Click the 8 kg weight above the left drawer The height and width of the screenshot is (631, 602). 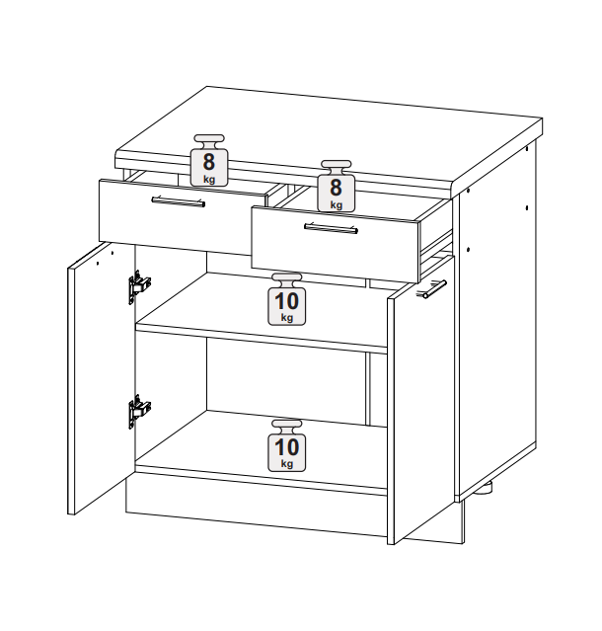[209, 160]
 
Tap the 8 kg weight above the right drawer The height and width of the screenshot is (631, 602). [337, 186]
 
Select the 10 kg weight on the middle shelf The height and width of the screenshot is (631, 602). [287, 299]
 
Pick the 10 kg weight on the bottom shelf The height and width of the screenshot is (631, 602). [287, 445]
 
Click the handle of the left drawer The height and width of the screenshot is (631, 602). [179, 201]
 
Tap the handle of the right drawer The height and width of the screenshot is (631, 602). [331, 228]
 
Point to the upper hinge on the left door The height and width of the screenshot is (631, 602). [139, 286]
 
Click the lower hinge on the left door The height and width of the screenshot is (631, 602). [139, 411]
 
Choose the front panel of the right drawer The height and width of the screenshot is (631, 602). [335, 244]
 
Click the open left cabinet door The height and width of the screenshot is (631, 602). [101, 378]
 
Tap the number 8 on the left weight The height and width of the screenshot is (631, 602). [209, 162]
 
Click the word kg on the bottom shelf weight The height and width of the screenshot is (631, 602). [287, 464]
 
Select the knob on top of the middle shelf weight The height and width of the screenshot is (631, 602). [287, 278]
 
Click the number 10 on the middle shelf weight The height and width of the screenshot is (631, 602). [287, 301]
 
